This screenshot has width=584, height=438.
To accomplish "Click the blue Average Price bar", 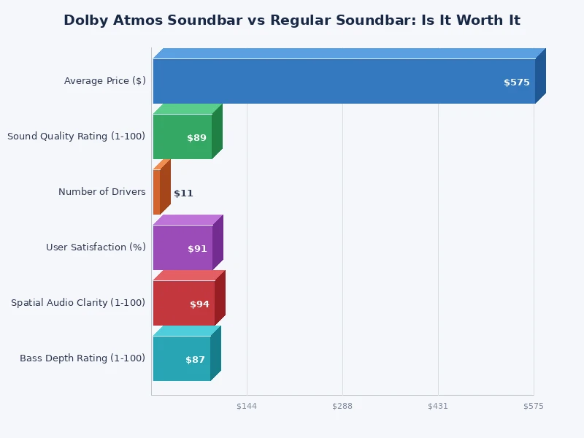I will click(x=343, y=81).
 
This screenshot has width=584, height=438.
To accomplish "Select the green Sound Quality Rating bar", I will click(x=182, y=137).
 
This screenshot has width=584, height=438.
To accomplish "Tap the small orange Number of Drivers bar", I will click(x=157, y=192).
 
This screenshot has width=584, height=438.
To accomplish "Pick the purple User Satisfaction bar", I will click(x=182, y=247).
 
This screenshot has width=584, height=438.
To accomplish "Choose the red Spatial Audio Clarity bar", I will click(x=184, y=303).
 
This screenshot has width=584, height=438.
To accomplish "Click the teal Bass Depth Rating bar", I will click(x=182, y=358).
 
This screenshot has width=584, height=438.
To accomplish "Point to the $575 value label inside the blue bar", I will click(x=517, y=82).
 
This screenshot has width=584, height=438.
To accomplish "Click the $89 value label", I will click(x=196, y=138).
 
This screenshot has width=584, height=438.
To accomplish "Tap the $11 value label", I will click(x=183, y=193).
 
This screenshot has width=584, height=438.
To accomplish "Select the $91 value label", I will click(x=197, y=249).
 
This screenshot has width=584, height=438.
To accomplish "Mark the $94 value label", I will click(x=199, y=304).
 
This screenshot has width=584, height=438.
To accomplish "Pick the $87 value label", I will click(x=195, y=360).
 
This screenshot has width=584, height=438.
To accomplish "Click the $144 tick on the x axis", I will click(x=247, y=406).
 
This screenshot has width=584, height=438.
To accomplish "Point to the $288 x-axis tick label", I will click(x=342, y=406).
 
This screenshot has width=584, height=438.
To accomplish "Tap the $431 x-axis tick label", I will click(x=438, y=406).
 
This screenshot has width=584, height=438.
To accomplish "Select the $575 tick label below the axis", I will click(x=534, y=406).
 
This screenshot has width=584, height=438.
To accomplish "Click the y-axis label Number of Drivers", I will click(x=102, y=192).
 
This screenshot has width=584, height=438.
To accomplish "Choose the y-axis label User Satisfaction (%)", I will click(x=96, y=247).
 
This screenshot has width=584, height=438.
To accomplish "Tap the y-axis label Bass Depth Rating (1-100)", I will click(x=82, y=358).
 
